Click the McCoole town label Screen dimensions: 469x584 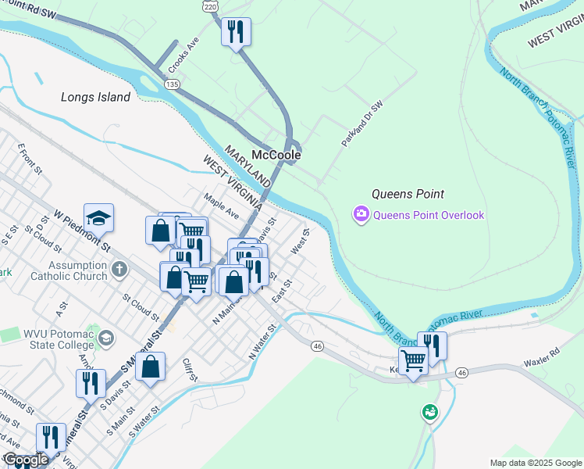click(x=276, y=155)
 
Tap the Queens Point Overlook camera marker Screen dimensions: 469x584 click(x=361, y=213)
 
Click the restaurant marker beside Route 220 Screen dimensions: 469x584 click(x=236, y=33)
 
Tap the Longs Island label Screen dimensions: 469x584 click(x=95, y=98)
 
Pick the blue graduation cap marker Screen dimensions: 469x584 click(x=99, y=217)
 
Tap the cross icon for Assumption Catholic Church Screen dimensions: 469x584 click(x=119, y=270)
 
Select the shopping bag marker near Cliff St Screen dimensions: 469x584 click(x=151, y=367)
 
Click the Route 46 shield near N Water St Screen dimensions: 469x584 click(x=316, y=345)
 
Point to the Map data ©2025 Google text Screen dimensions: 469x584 click(x=535, y=463)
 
